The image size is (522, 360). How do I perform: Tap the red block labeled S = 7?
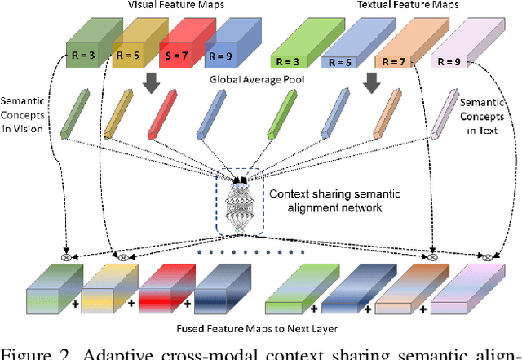(x=181, y=49)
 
